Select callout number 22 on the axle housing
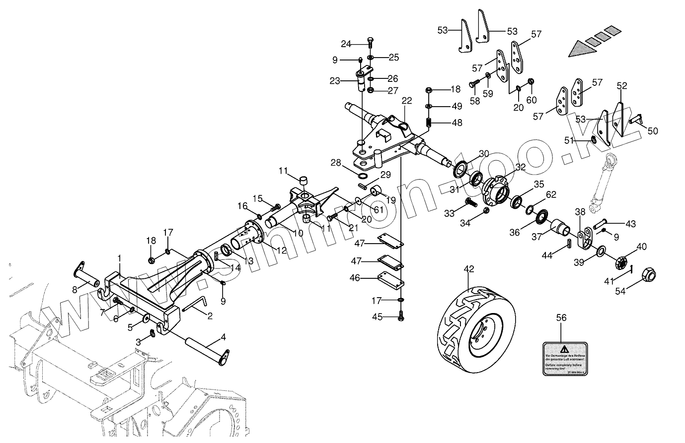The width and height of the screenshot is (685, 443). coord(407,101)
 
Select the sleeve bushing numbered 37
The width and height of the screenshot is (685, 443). coord(564,228)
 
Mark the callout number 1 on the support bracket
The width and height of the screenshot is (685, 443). coord(120,258)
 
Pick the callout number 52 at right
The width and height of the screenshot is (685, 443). coord(622,86)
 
